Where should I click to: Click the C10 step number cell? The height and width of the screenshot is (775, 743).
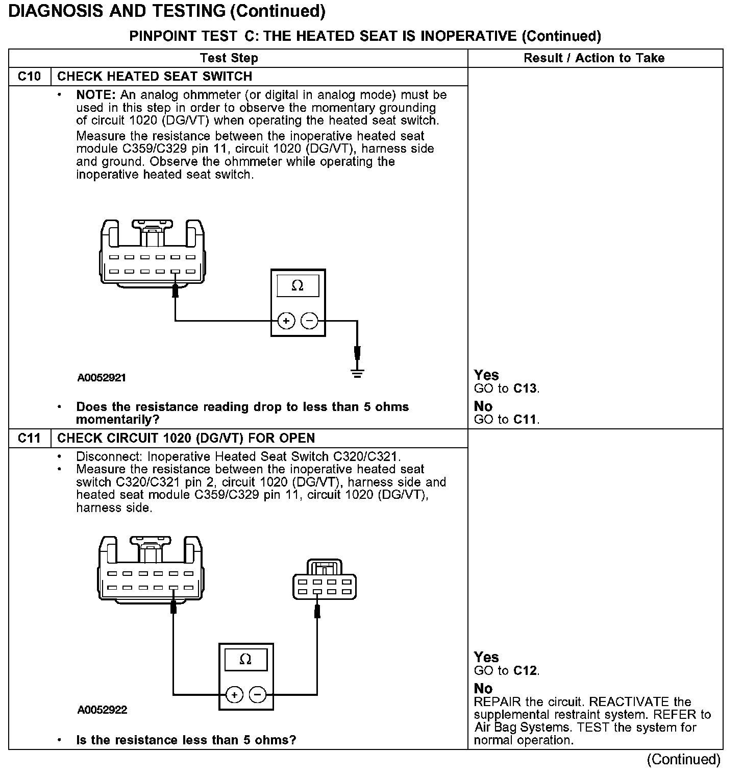pos(29,77)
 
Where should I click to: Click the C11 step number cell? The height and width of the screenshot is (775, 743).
pos(29,438)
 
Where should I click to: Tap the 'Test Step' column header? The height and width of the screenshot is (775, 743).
pos(229,58)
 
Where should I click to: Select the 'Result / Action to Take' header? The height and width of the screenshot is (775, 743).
pos(594,58)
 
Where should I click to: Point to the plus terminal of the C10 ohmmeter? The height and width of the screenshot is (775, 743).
pos(286,321)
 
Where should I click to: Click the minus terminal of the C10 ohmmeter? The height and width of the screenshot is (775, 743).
pos(309,321)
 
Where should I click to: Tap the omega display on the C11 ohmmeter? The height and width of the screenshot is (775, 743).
pos(245,659)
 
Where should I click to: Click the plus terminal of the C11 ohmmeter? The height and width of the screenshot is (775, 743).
pos(234,695)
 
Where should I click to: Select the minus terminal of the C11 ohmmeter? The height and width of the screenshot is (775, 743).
pos(257,695)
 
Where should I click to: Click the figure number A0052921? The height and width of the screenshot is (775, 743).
pos(102,378)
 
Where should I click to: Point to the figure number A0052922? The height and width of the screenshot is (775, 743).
pos(102,710)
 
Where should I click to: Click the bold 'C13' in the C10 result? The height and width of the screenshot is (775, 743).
pos(525,389)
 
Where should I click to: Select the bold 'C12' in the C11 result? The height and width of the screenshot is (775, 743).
pos(525,670)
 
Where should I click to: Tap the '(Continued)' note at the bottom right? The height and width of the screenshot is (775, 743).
pos(683,760)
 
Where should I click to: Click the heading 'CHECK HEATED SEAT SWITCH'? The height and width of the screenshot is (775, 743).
pos(155,77)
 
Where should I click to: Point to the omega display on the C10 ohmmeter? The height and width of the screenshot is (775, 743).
pos(298,285)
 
